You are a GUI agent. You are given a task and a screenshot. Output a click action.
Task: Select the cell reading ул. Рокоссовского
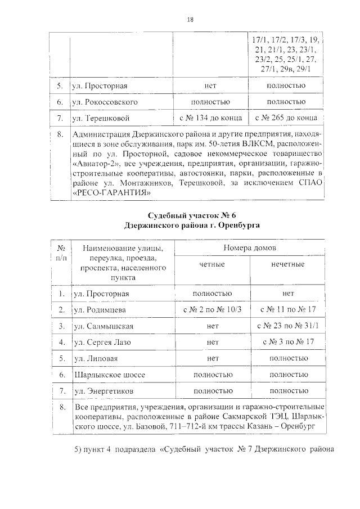[105, 102]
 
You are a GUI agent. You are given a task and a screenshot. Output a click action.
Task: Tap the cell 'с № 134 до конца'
[211, 118]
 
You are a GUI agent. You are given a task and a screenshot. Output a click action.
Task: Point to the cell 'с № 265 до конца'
[286, 118]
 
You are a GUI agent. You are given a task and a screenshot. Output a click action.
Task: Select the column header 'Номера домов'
[249, 247]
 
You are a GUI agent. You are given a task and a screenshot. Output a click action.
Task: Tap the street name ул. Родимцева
[100, 310]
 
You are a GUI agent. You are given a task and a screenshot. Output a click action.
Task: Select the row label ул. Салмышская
[103, 326]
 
